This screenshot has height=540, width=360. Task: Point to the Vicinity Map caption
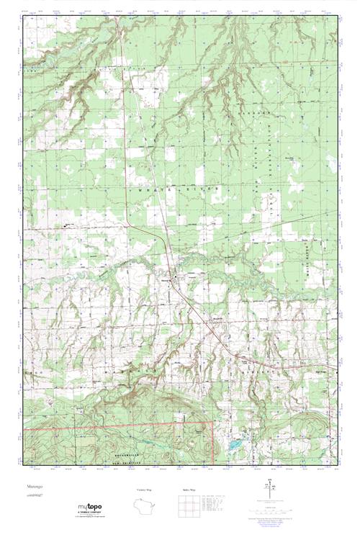pyautogui.click(x=144, y=490)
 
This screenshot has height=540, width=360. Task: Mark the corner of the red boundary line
pyautogui.click(x=214, y=422)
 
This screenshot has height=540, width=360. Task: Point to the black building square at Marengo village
pyautogui.click(x=172, y=276)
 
